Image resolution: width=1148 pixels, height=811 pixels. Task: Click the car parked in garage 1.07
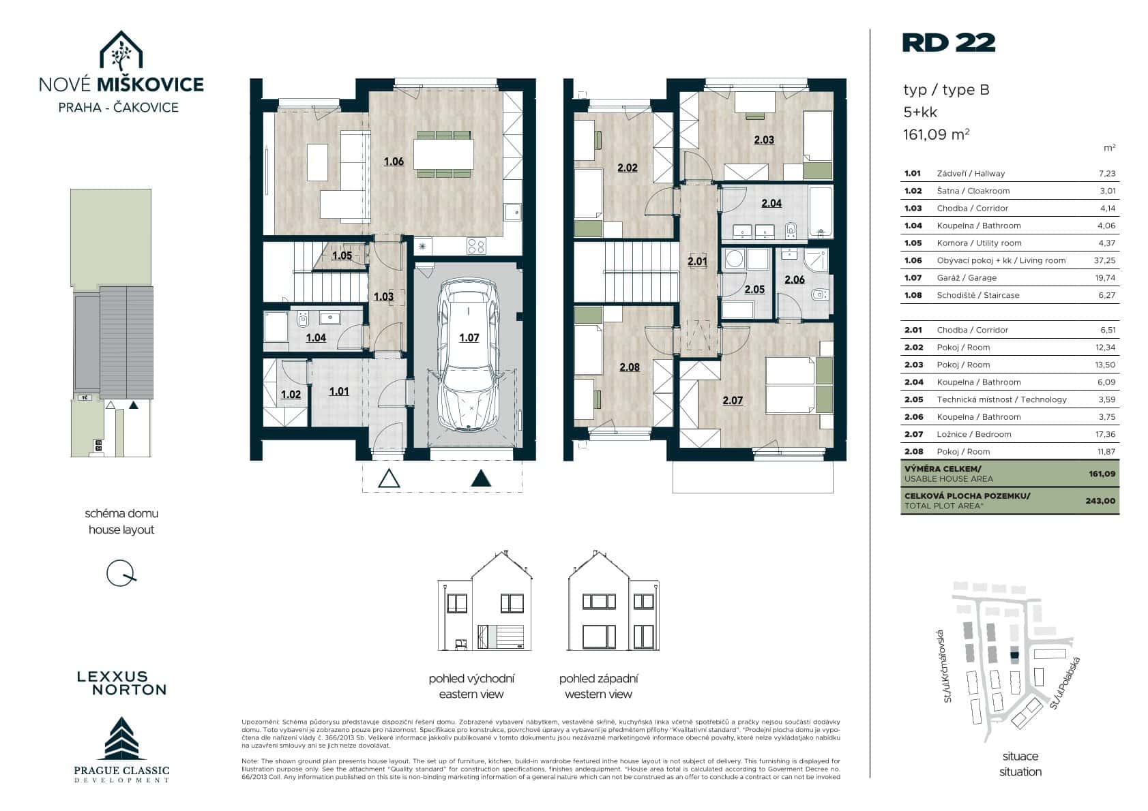(469, 354)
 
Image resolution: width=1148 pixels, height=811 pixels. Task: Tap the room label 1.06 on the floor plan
(394, 162)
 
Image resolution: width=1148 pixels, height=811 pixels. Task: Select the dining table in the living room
(443, 154)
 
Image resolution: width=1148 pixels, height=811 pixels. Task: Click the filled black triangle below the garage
(481, 478)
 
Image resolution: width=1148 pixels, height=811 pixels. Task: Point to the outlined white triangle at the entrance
(389, 478)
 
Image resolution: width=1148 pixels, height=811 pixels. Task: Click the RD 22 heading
(949, 43)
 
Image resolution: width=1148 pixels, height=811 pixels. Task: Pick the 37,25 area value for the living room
(1104, 260)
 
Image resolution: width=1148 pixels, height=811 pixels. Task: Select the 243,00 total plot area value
(1100, 501)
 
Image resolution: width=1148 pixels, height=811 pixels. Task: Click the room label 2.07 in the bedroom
(733, 401)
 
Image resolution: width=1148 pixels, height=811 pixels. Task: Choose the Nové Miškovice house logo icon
(121, 50)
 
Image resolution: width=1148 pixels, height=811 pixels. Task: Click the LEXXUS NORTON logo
(122, 684)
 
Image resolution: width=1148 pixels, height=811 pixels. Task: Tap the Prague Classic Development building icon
(121, 738)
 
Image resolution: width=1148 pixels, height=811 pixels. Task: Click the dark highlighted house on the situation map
(1014, 655)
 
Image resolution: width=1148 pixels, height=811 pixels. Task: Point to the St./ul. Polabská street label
(1065, 682)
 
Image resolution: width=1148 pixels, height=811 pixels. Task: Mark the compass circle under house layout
(120, 573)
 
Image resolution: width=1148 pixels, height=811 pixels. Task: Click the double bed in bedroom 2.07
(799, 385)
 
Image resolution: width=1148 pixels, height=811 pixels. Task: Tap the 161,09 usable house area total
(1102, 474)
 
